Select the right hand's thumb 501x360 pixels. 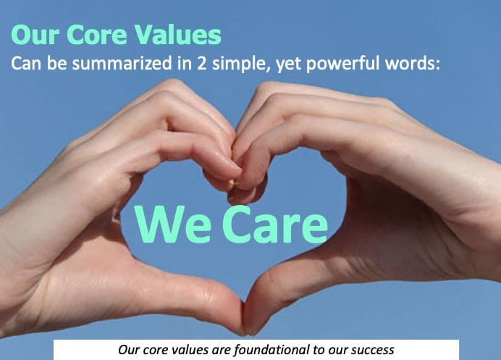[304, 286]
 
